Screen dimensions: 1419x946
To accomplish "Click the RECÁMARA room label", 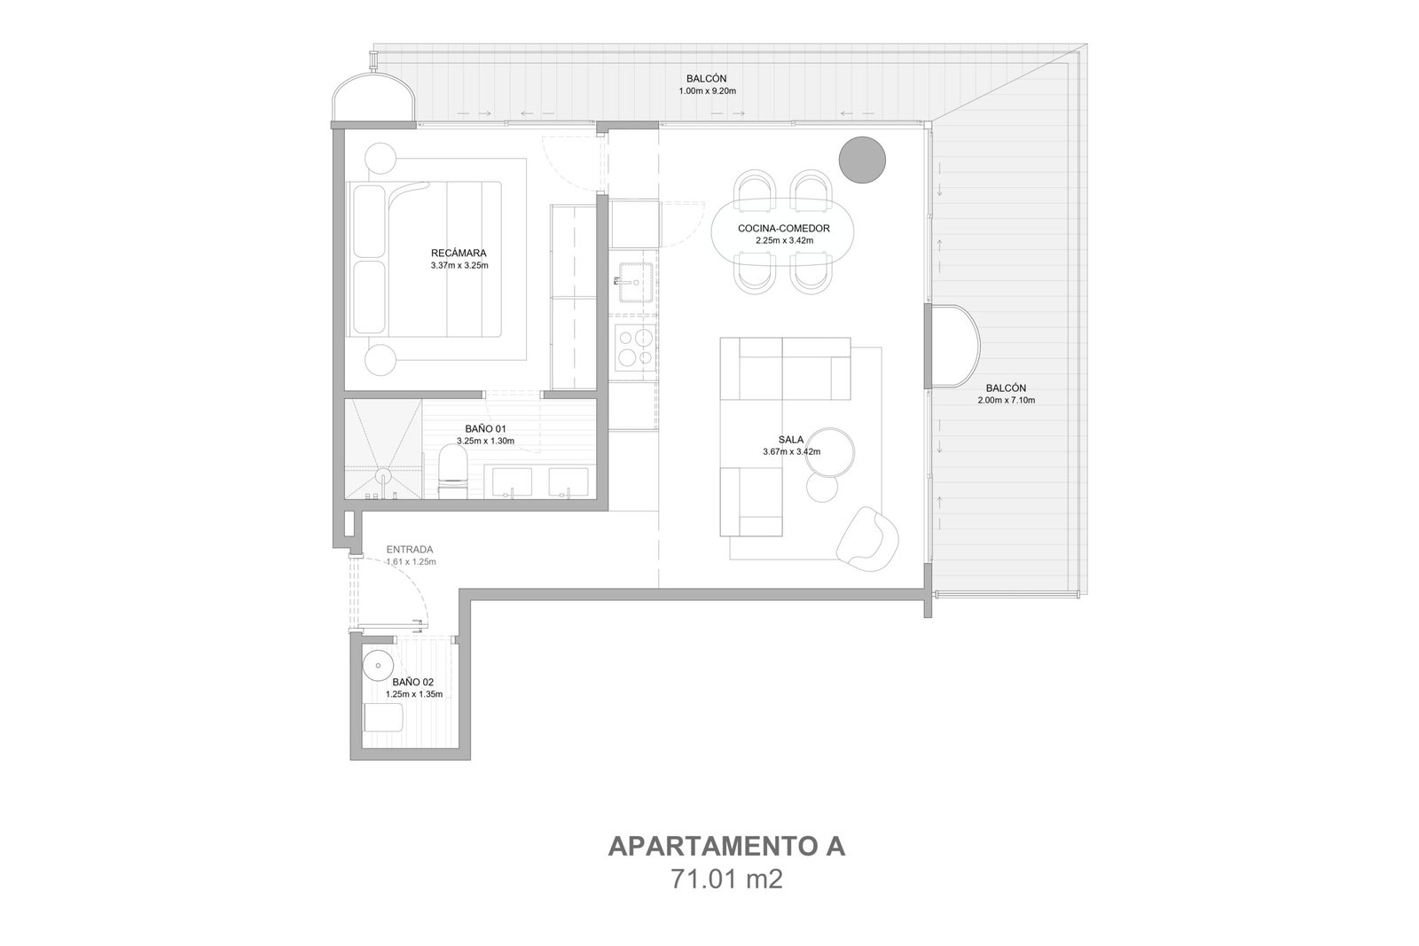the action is pyautogui.click(x=459, y=254).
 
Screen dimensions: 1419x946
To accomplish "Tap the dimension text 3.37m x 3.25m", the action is pyautogui.click(x=459, y=266).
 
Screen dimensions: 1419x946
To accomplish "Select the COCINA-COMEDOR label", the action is pyautogui.click(x=784, y=229).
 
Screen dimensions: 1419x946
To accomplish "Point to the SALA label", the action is pyautogui.click(x=791, y=440).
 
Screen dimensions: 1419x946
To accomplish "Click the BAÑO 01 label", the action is pyautogui.click(x=485, y=429).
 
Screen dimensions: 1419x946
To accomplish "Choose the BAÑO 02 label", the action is pyautogui.click(x=413, y=682).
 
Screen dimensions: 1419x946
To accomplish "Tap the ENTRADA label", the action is pyautogui.click(x=410, y=550).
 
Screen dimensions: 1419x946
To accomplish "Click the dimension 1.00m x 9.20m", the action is pyautogui.click(x=707, y=91).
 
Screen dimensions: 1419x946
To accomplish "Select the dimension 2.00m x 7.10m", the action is pyautogui.click(x=1006, y=400).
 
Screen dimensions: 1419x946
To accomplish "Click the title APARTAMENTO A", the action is pyautogui.click(x=726, y=847).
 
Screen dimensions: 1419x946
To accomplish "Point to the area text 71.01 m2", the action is pyautogui.click(x=726, y=879).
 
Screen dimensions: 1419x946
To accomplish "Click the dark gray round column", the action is pyautogui.click(x=861, y=160).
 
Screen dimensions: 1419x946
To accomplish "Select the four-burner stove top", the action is pyautogui.click(x=635, y=346).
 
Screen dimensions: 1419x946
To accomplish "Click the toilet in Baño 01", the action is pyautogui.click(x=453, y=472).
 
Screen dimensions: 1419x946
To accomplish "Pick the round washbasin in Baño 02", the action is pyautogui.click(x=378, y=666).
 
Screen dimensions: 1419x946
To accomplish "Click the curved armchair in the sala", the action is pyautogui.click(x=867, y=536).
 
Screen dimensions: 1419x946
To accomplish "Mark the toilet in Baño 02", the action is pyautogui.click(x=383, y=718).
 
